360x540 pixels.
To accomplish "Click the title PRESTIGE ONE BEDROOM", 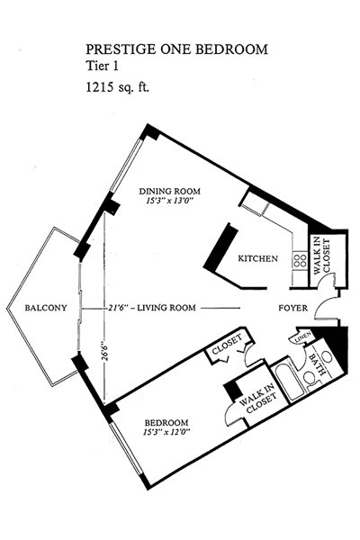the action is coord(176,49).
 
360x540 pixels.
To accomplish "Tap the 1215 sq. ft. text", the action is coord(117,87).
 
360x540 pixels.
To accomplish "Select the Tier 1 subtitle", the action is coord(102,66).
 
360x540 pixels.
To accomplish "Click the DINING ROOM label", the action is coord(169,191).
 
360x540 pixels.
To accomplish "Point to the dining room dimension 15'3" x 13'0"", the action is coord(169,201).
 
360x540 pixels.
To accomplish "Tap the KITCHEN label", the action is coord(257,258).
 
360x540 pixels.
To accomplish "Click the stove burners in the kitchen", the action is coord(300,261).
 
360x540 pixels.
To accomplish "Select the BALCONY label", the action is coord(46,308).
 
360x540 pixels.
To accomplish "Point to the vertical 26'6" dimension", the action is coord(104,351).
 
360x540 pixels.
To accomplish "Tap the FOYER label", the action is coord(292,308).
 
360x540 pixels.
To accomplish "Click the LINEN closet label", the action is coord(303,337).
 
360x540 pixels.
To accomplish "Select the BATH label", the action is coord(317,364).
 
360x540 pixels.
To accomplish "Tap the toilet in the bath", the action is coord(311,380).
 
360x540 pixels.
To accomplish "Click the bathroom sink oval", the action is coord(328,357).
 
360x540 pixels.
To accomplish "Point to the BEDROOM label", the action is coord(166,423).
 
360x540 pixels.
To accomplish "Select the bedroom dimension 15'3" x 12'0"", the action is coord(166,432).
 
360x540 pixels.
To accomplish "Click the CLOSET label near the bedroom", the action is coord(227,345).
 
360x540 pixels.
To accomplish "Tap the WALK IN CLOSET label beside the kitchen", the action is coord(322,256).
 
